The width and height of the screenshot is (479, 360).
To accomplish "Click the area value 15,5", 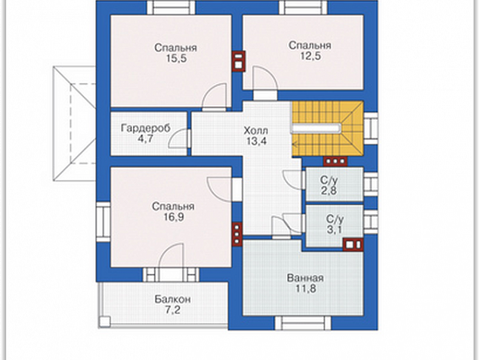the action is pyautogui.click(x=176, y=58).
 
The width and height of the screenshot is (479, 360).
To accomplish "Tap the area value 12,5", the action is pyautogui.click(x=310, y=56).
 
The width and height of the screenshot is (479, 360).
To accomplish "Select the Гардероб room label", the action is pyautogui.click(x=146, y=128).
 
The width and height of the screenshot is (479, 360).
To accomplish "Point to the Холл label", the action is pyautogui.click(x=256, y=131).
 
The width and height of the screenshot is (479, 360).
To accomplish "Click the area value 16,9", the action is pyautogui.click(x=174, y=217).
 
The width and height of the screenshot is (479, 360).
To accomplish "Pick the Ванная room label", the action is pyautogui.click(x=305, y=278).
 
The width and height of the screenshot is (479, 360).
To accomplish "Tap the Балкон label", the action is pyautogui.click(x=172, y=299).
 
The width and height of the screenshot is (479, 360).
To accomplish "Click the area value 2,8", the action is pyautogui.click(x=329, y=191).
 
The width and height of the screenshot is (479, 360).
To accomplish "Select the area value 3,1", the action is pyautogui.click(x=335, y=230).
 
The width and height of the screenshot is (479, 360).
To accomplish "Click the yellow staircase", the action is pyautogui.click(x=328, y=129).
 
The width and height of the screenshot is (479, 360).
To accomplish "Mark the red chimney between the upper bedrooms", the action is pyautogui.click(x=239, y=61).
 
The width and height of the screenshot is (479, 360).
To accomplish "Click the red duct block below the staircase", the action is pyautogui.click(x=335, y=161).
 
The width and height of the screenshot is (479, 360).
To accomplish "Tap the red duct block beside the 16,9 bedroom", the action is pyautogui.click(x=237, y=234).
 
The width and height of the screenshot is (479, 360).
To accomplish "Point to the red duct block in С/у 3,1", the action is pyautogui.click(x=353, y=245).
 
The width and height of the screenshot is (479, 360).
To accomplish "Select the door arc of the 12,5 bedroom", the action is pyautogui.click(x=265, y=79).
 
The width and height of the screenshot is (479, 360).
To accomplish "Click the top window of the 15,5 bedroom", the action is pyautogui.click(x=171, y=8).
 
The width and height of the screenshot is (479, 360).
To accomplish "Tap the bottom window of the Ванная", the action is pyautogui.click(x=303, y=323).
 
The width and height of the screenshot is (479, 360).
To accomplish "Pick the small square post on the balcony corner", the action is pyautogui.click(x=104, y=321).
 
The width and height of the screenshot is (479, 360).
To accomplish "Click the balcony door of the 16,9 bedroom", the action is pyautogui.click(x=171, y=275).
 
